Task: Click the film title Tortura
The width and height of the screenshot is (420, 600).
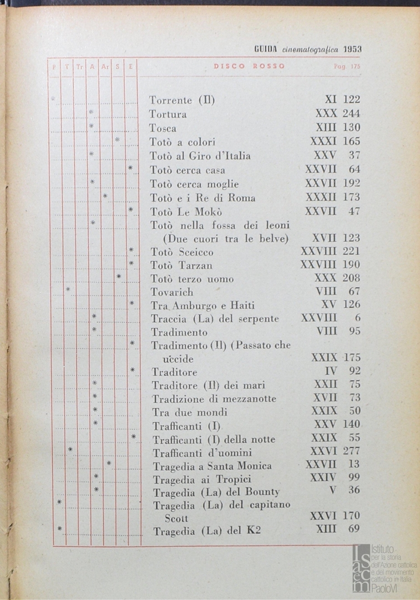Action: click(168, 114)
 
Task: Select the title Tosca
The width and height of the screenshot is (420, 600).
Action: click(163, 128)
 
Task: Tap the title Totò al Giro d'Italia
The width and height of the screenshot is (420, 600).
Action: click(200, 156)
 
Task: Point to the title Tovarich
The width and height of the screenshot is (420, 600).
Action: click(172, 292)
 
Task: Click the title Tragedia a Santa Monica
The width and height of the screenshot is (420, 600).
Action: click(212, 466)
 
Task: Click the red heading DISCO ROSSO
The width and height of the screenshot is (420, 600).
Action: click(249, 66)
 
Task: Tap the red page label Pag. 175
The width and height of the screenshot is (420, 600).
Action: click(347, 66)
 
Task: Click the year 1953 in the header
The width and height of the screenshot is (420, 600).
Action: click(352, 49)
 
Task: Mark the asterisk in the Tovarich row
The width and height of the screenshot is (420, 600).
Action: click(68, 289)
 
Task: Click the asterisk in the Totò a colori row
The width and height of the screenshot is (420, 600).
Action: click(118, 139)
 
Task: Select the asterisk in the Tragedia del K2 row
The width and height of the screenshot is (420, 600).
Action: click(59, 528)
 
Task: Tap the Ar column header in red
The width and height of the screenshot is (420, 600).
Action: click(105, 67)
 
